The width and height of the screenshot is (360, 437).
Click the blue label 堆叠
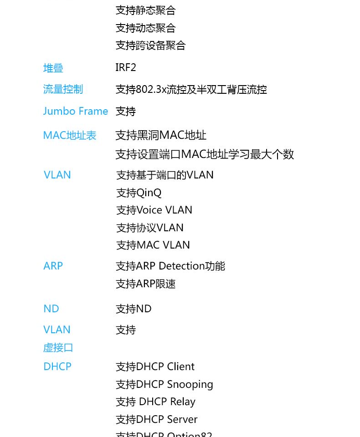(x=53, y=68)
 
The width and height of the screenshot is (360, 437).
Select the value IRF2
(x=126, y=67)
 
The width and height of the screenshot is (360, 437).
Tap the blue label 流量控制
(x=63, y=89)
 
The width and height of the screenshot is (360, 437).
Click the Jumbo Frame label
(x=75, y=111)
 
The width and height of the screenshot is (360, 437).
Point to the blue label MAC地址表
(x=70, y=136)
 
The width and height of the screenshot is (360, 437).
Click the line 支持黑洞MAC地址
(x=161, y=135)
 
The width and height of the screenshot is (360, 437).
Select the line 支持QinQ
(x=139, y=193)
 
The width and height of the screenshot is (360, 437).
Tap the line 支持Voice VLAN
(x=154, y=210)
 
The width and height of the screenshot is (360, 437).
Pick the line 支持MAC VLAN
(x=153, y=245)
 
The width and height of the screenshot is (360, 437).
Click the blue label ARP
(x=53, y=266)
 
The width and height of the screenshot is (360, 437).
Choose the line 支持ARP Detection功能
(x=170, y=266)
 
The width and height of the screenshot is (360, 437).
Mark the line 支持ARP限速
(x=146, y=284)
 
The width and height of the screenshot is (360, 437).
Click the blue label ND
(x=51, y=309)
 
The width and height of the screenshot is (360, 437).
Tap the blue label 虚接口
(x=58, y=347)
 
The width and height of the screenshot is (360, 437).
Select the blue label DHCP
(x=57, y=366)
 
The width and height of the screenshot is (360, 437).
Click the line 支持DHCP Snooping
(x=165, y=385)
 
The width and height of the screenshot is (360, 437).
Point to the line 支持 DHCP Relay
(x=155, y=402)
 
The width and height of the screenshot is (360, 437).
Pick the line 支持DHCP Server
(x=157, y=419)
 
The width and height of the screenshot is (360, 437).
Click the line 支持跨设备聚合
(x=151, y=46)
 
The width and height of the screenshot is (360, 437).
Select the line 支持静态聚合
(x=146, y=10)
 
